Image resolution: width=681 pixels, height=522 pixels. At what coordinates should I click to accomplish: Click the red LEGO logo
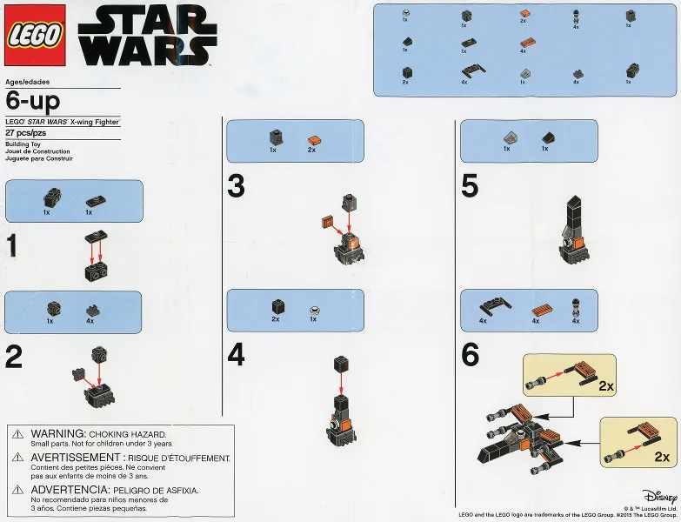click(x=36, y=36)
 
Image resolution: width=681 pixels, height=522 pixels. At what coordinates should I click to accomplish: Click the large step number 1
click(x=11, y=246)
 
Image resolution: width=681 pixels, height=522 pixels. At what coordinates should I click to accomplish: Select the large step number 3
click(x=236, y=186)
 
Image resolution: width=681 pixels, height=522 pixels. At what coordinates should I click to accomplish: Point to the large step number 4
click(x=236, y=356)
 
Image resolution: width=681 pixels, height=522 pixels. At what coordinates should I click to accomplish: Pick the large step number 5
click(x=470, y=186)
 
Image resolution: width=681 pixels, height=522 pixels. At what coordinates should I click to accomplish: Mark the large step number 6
click(x=470, y=356)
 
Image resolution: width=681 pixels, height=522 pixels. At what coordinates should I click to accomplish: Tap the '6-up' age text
click(x=33, y=102)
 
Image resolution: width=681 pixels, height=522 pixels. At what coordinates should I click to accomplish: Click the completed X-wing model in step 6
click(x=518, y=439)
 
